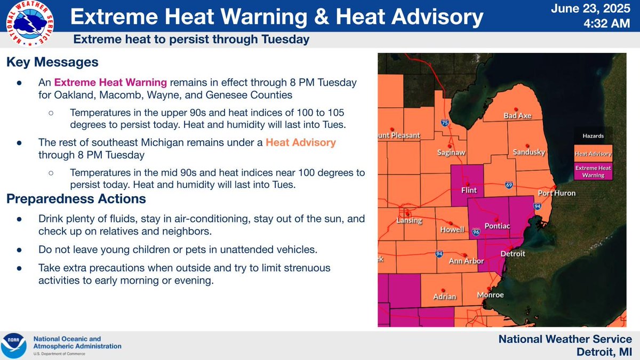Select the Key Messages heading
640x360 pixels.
pos(52,62)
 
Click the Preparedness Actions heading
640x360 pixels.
pos(76,199)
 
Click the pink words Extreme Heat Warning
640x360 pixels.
pos(111,83)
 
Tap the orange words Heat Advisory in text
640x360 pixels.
pos(301,142)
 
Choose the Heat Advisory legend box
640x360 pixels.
pos(593,154)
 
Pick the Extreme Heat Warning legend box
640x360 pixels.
pos(593,171)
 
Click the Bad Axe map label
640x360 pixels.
pos(517,116)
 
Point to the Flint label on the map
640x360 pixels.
pos(468,190)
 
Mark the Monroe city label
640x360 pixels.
pos(490,294)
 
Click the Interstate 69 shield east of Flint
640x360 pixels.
pos(509,185)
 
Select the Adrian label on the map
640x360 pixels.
pos(445,297)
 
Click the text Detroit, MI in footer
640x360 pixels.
pos(604,352)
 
